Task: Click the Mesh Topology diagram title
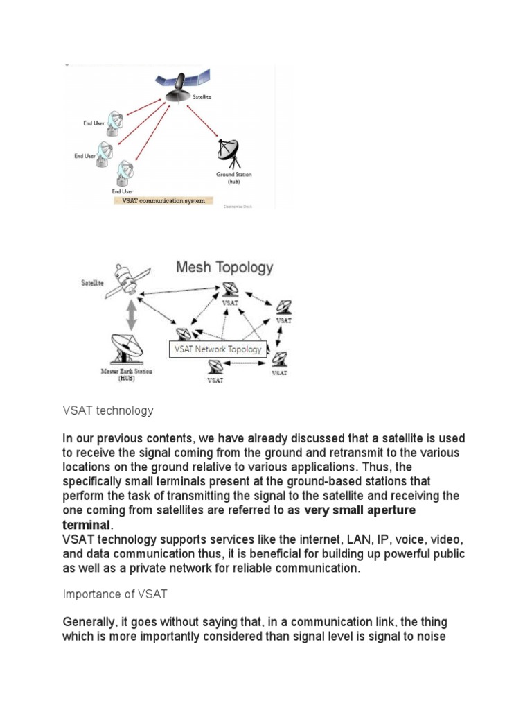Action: [224, 268]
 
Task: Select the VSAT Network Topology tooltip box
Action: [218, 349]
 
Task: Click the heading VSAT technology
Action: [107, 411]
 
